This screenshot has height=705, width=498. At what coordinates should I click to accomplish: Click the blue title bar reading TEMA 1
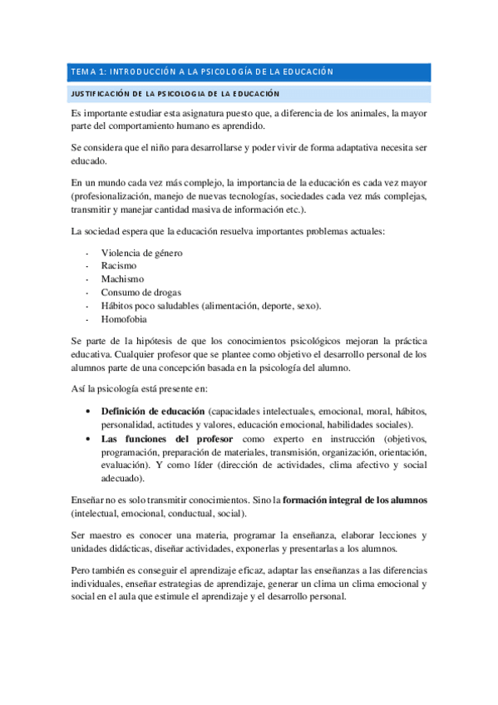coord(249,71)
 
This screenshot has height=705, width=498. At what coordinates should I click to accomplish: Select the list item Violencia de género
coord(141,252)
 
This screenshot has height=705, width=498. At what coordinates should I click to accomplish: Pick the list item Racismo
coord(119,265)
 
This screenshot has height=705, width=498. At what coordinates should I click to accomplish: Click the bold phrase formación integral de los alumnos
coord(355,501)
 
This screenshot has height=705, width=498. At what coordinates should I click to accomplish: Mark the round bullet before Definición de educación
coord(88,411)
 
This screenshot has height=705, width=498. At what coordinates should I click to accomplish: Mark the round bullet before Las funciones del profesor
coord(88,438)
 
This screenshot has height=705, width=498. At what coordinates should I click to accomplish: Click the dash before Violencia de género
coord(87,252)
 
